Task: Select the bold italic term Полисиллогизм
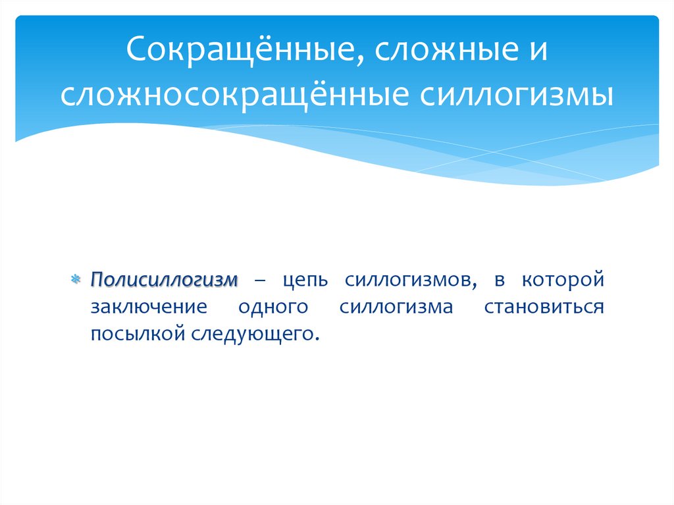point(164,280)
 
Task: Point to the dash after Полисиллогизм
point(261,280)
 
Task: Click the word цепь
point(304,280)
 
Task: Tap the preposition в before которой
point(499,280)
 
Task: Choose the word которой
point(563,280)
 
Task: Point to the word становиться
point(544,307)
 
